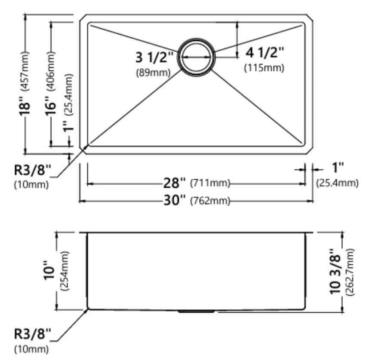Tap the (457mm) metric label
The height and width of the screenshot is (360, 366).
[25, 71]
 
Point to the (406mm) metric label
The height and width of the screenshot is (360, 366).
[51, 71]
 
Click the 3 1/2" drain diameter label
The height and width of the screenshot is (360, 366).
[154, 57]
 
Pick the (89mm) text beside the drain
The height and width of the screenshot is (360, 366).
[154, 73]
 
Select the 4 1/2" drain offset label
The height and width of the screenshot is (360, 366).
[265, 52]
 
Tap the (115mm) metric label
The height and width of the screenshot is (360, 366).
[264, 68]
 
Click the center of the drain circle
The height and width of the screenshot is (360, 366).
[196, 58]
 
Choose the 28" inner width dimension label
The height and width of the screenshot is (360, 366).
[175, 183]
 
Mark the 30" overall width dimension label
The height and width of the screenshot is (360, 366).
[175, 200]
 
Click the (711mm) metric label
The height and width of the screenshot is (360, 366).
[210, 183]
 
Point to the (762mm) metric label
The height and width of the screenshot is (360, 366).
[210, 201]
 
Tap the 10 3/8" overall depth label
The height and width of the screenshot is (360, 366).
[335, 272]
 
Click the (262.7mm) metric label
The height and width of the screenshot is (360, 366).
[350, 272]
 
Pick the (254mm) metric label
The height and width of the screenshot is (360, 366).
[65, 271]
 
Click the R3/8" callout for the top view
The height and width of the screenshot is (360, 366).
[32, 170]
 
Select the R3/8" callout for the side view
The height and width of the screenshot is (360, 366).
[32, 334]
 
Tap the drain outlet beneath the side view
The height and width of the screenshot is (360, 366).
[196, 311]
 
